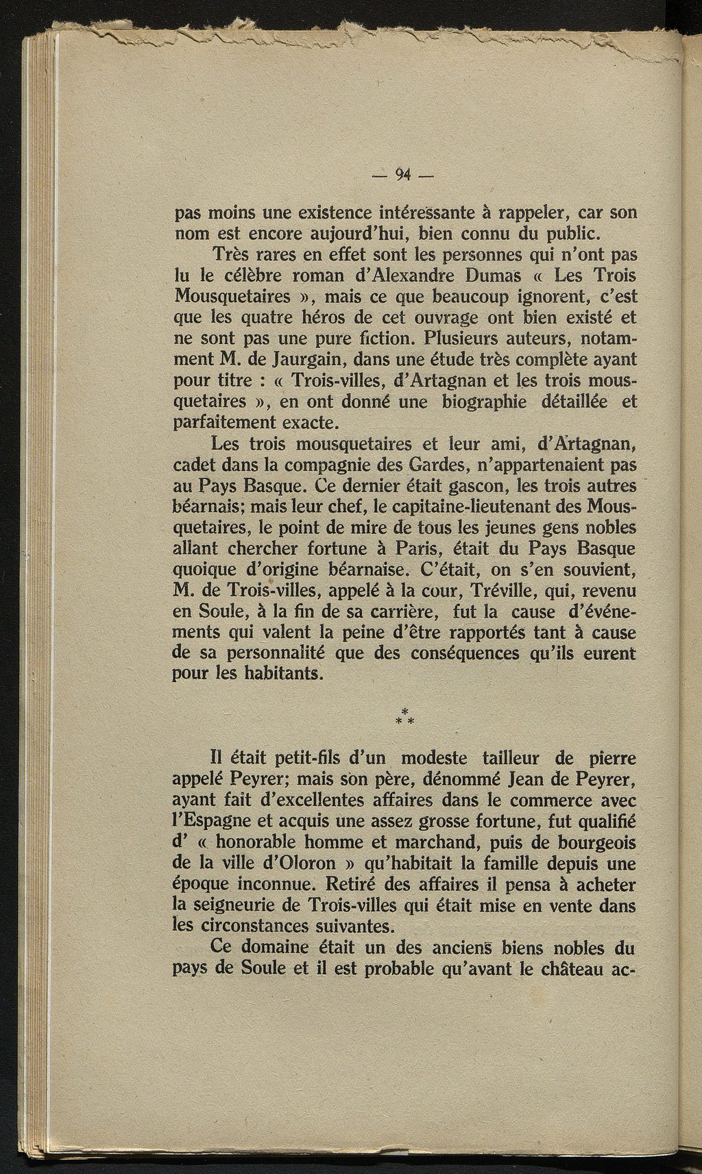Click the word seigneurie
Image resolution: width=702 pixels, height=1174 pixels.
(226, 905)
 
